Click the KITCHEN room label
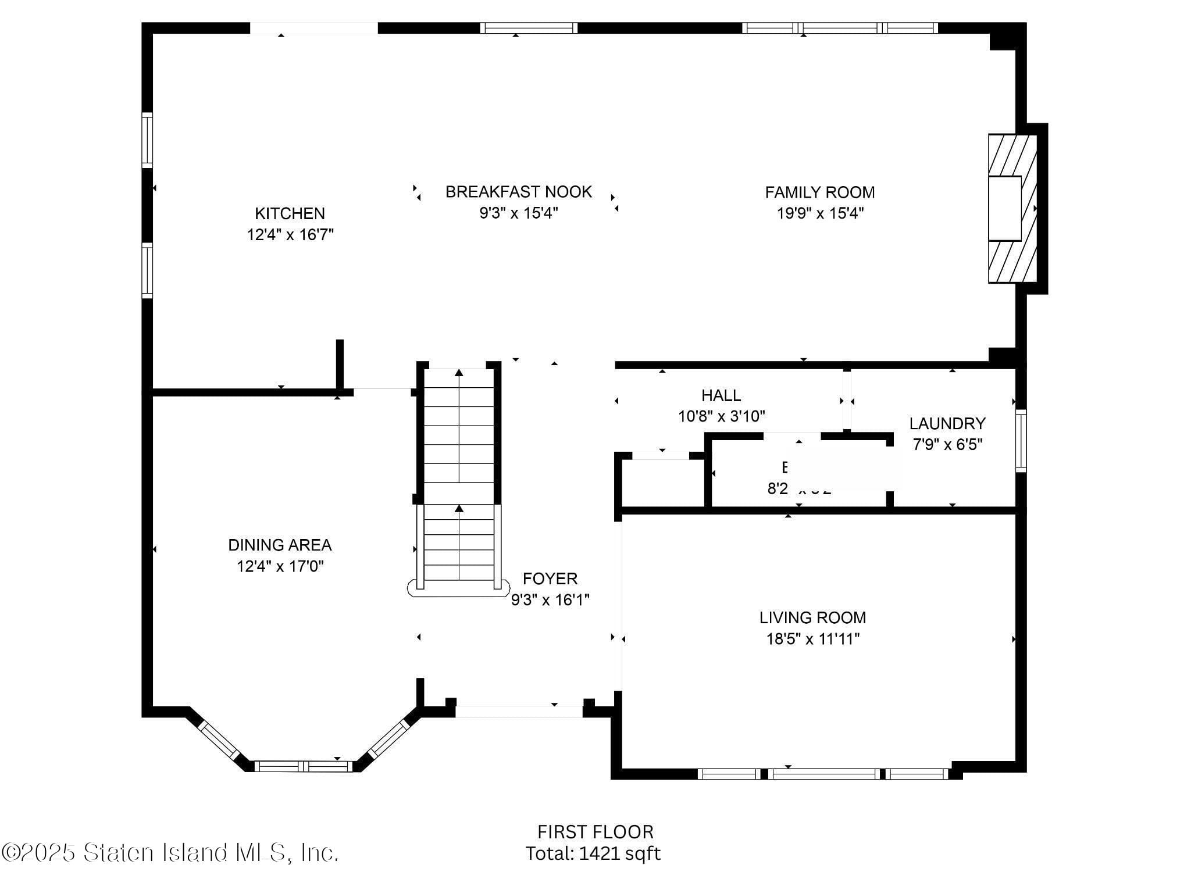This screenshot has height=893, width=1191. (290, 213)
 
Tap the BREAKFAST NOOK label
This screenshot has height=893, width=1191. (518, 192)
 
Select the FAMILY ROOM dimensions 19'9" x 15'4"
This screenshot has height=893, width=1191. (820, 213)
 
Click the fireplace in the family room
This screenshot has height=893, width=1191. (1012, 209)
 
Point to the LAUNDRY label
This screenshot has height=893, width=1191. (947, 423)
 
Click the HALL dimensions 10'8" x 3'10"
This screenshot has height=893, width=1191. (721, 416)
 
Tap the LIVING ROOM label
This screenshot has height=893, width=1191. (812, 617)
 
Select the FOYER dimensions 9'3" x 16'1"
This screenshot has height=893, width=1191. (550, 599)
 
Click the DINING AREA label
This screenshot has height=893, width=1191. (280, 545)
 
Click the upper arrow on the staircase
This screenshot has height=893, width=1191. (459, 373)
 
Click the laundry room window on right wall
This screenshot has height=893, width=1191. (1021, 440)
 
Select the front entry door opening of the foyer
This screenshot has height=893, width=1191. (519, 711)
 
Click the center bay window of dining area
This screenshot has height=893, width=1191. (303, 766)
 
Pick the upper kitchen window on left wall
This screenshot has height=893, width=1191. (148, 140)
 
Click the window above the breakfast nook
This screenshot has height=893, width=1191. (529, 28)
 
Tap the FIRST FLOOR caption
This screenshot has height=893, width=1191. (595, 832)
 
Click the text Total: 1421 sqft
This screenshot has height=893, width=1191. (593, 853)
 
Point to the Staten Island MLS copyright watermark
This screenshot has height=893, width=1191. (170, 853)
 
